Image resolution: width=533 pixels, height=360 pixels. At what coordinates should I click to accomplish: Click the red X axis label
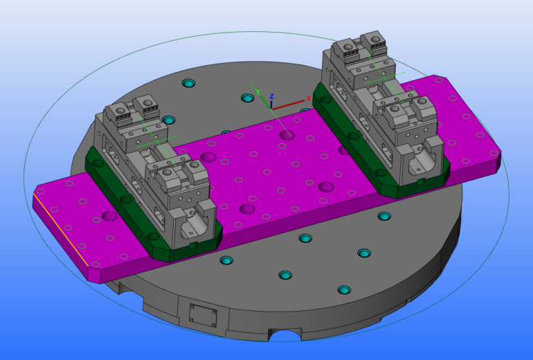308,98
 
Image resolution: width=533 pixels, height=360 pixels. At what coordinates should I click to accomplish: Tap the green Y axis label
258,92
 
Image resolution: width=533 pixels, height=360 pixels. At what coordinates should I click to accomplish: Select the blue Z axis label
271,96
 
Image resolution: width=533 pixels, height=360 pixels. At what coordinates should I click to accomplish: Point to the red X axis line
287,105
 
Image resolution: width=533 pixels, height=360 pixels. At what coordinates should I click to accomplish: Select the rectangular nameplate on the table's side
203,316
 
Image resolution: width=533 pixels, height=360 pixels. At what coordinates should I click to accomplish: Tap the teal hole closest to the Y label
248,98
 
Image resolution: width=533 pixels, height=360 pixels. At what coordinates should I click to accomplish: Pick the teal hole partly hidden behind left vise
169,120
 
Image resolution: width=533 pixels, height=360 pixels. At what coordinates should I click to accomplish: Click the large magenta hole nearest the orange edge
109,216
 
